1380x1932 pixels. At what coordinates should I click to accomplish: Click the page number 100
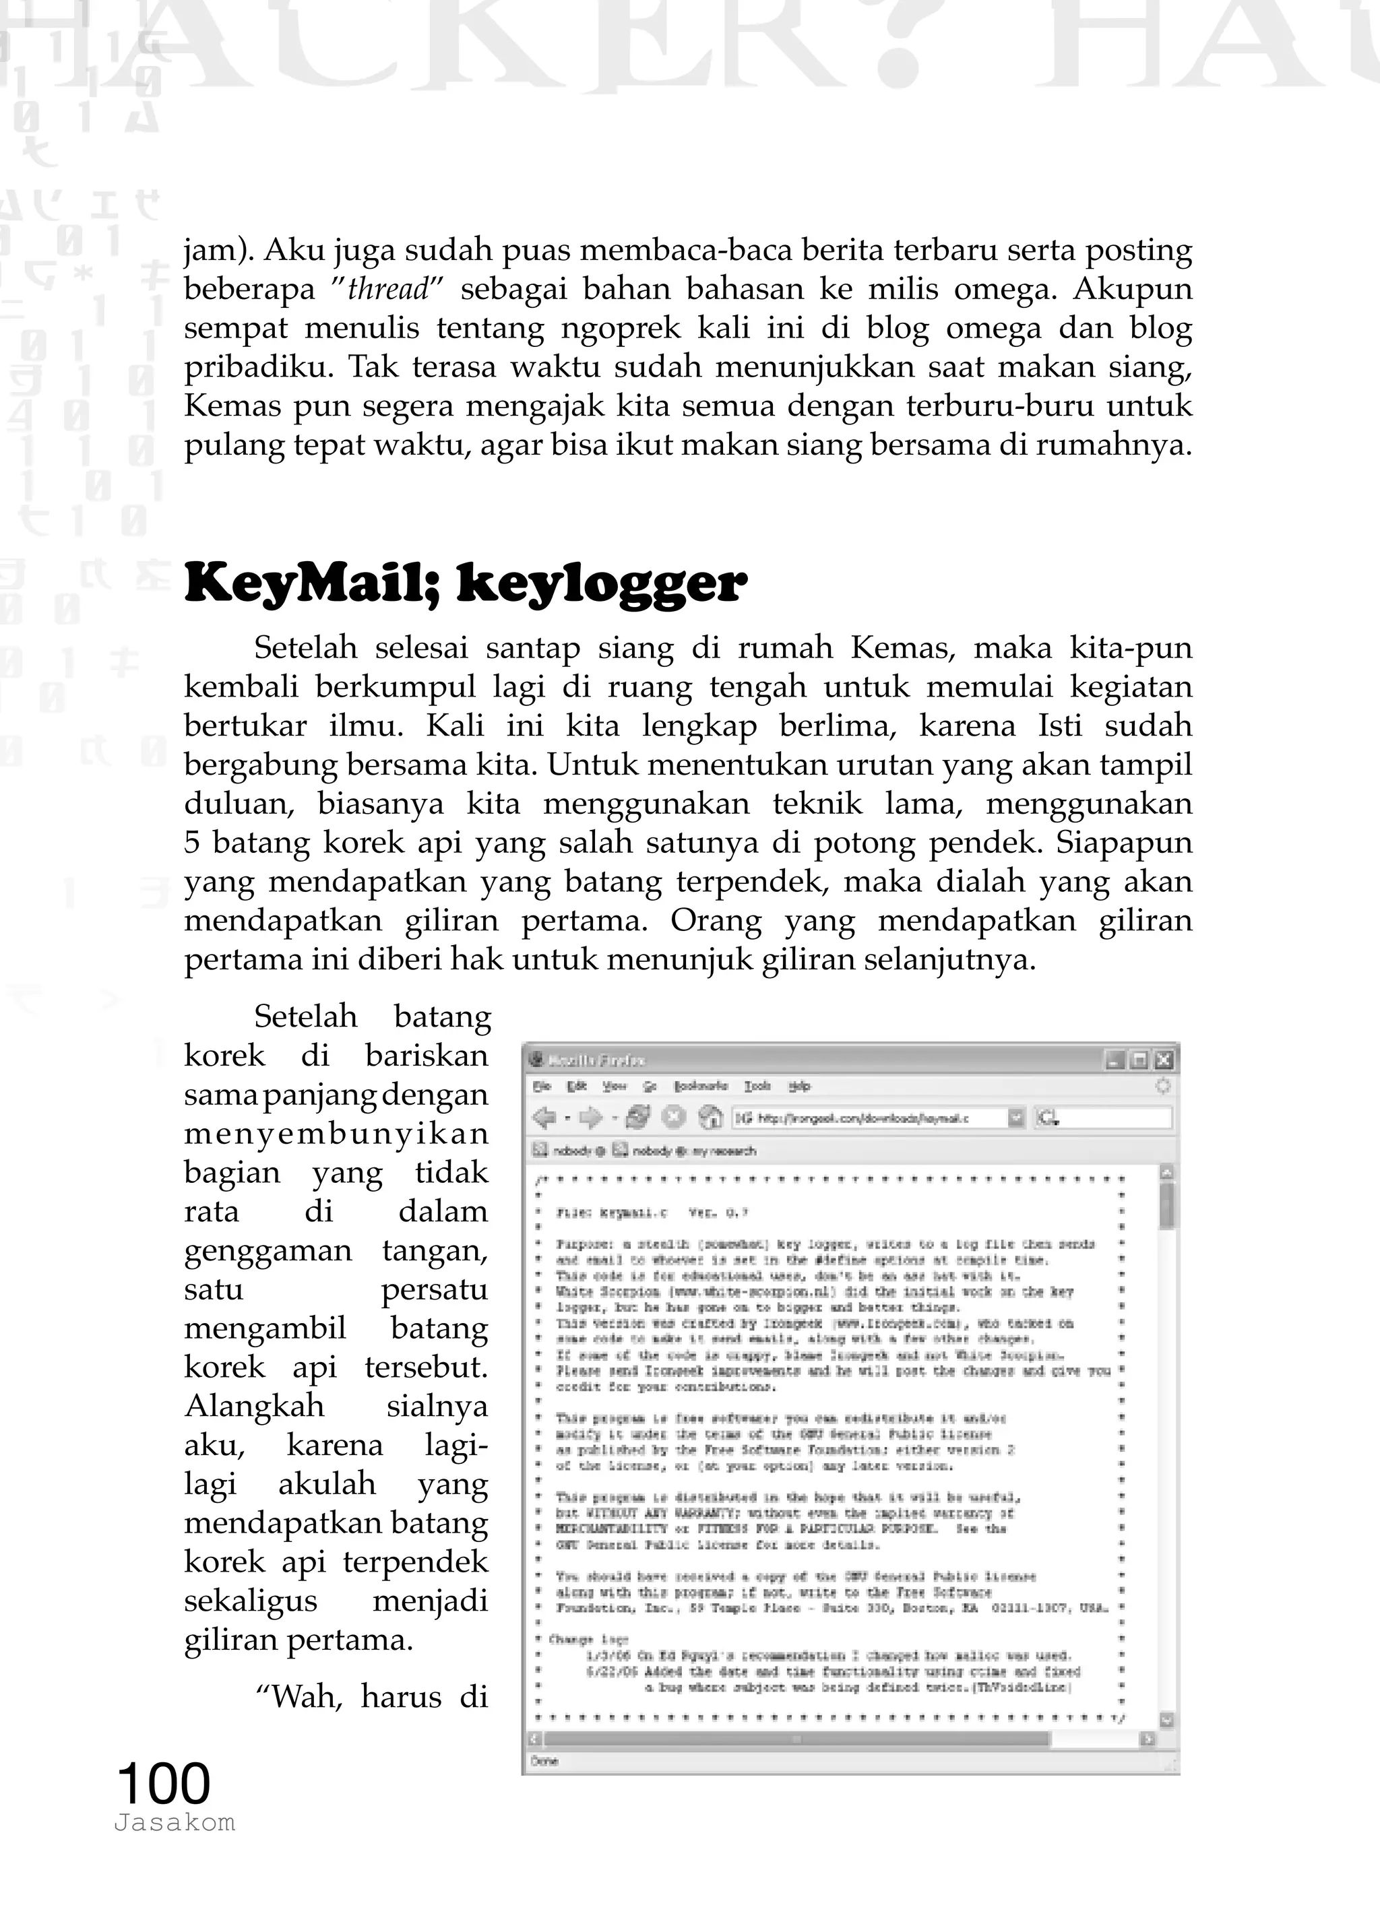click(x=163, y=1782)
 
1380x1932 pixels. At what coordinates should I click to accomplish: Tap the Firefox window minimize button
click(x=1115, y=1060)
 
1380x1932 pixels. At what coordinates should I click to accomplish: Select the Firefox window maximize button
click(x=1139, y=1060)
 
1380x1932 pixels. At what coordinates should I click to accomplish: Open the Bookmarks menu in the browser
click(x=700, y=1086)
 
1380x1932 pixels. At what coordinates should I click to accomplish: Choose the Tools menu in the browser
click(x=757, y=1086)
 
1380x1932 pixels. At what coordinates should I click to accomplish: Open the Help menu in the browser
click(x=798, y=1086)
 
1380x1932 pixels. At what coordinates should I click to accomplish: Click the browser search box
click(x=1113, y=1118)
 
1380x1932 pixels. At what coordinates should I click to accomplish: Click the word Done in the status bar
click(x=544, y=1761)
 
